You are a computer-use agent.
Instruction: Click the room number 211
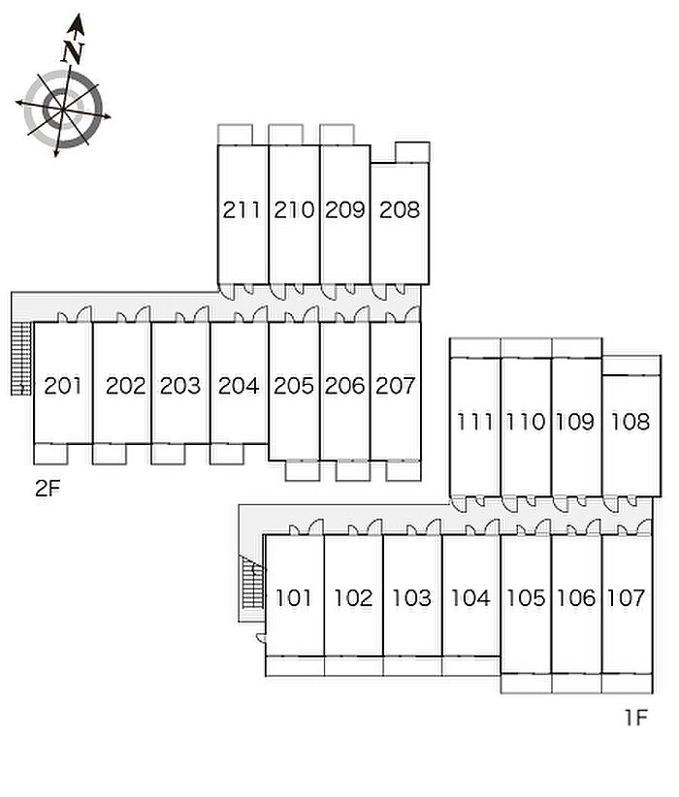pyautogui.click(x=242, y=208)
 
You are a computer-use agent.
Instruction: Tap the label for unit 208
pyautogui.click(x=399, y=208)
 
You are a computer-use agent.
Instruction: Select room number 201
pyautogui.click(x=64, y=385)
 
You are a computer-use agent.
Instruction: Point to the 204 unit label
pyautogui.click(x=239, y=385)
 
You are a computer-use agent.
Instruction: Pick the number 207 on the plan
pyautogui.click(x=395, y=385)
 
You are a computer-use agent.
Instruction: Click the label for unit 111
pyautogui.click(x=475, y=422)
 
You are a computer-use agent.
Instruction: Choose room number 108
pyautogui.click(x=630, y=422)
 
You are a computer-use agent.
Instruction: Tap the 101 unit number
pyautogui.click(x=294, y=597)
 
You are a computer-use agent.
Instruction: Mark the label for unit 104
pyautogui.click(x=470, y=597)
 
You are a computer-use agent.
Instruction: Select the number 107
pyautogui.click(x=626, y=597)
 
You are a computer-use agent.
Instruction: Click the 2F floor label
pyautogui.click(x=48, y=489)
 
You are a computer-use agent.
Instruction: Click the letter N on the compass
pyautogui.click(x=72, y=51)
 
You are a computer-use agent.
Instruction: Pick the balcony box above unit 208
pyautogui.click(x=412, y=152)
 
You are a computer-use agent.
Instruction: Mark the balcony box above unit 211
pyautogui.click(x=235, y=134)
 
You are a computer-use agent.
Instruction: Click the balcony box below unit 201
pyautogui.click(x=50, y=453)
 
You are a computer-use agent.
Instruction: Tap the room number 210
pyautogui.click(x=294, y=208)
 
